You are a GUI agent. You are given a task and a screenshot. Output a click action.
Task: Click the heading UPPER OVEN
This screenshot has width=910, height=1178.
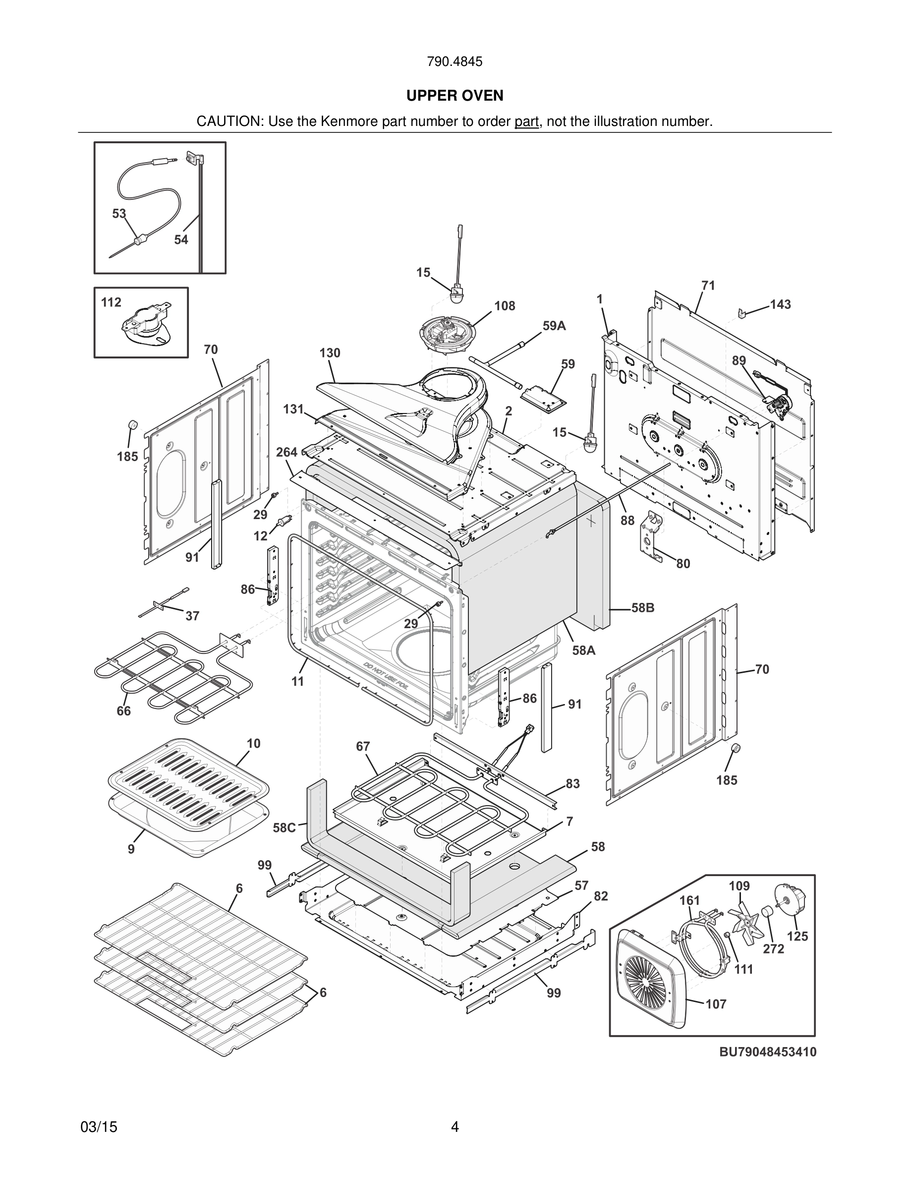455,96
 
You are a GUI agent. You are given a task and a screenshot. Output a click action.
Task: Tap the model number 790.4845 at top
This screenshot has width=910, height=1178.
455,61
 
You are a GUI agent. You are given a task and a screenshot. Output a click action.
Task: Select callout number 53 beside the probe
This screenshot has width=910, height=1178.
118,214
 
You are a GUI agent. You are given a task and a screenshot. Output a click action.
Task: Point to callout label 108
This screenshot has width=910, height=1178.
505,306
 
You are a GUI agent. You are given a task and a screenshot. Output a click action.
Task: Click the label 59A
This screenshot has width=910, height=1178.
554,326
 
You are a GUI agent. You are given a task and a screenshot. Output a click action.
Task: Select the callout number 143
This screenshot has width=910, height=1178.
780,304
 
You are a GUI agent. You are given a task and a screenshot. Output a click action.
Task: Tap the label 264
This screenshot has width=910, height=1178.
287,452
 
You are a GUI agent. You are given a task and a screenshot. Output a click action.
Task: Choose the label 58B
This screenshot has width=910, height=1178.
643,608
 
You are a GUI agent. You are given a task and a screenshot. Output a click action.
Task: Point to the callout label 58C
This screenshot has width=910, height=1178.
284,827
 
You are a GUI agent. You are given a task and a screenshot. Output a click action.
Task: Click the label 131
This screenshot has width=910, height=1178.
293,410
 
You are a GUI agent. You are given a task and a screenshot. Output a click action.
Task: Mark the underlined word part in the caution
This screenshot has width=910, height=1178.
526,121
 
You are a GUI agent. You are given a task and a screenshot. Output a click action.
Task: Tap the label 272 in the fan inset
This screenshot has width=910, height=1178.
773,948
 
